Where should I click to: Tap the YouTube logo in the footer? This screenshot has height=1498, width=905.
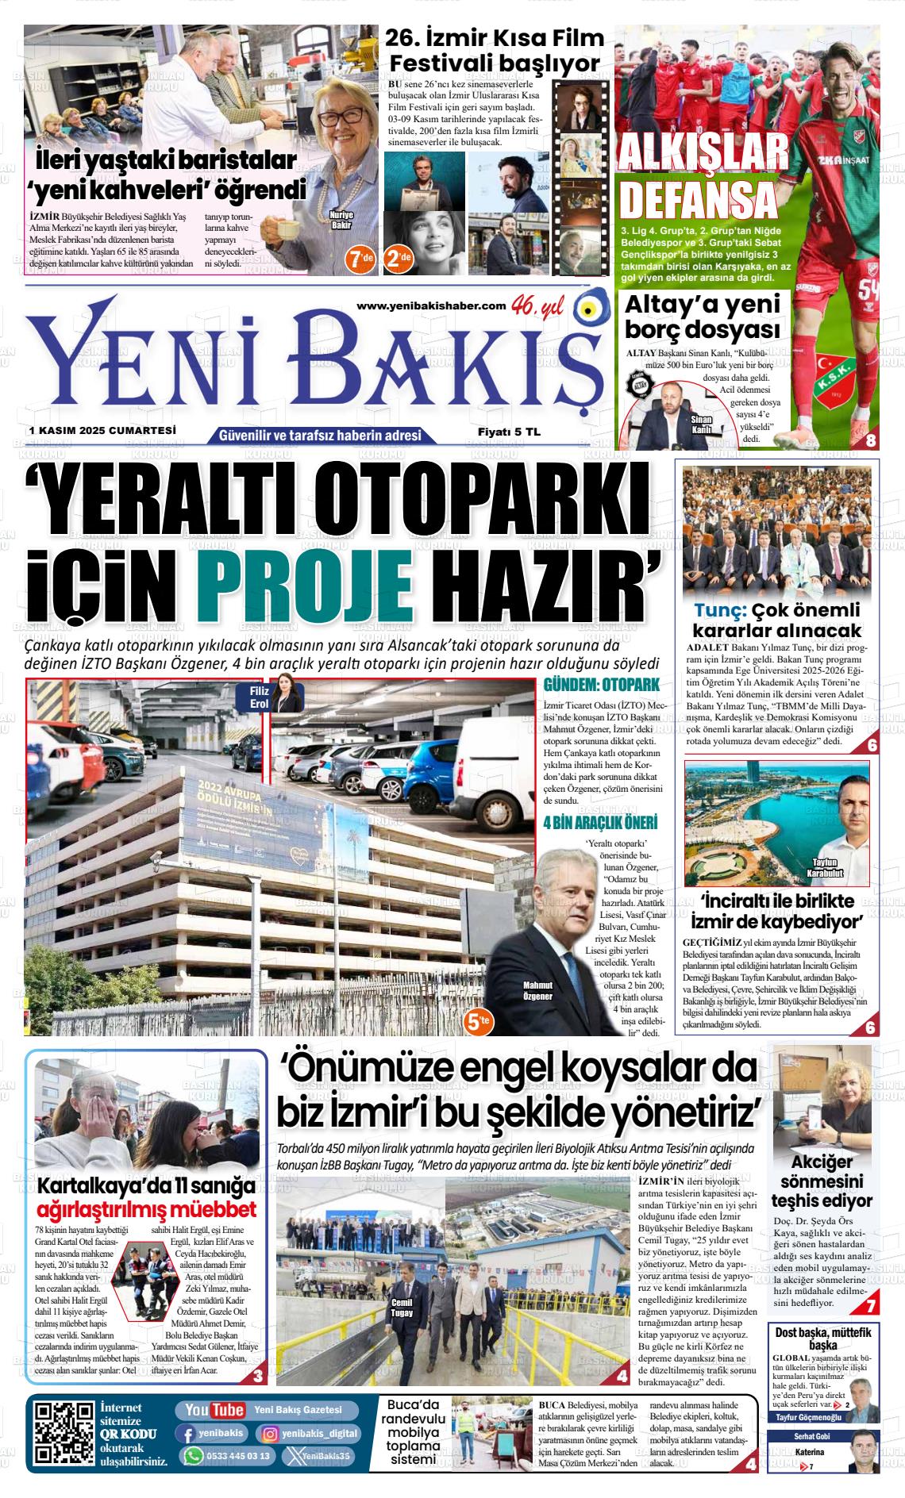pyautogui.click(x=214, y=1410)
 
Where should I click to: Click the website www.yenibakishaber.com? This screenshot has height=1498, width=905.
pyautogui.click(x=431, y=306)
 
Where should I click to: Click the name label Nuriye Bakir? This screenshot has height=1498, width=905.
pyautogui.click(x=341, y=220)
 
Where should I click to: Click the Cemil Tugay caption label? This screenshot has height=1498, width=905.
pyautogui.click(x=402, y=1307)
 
